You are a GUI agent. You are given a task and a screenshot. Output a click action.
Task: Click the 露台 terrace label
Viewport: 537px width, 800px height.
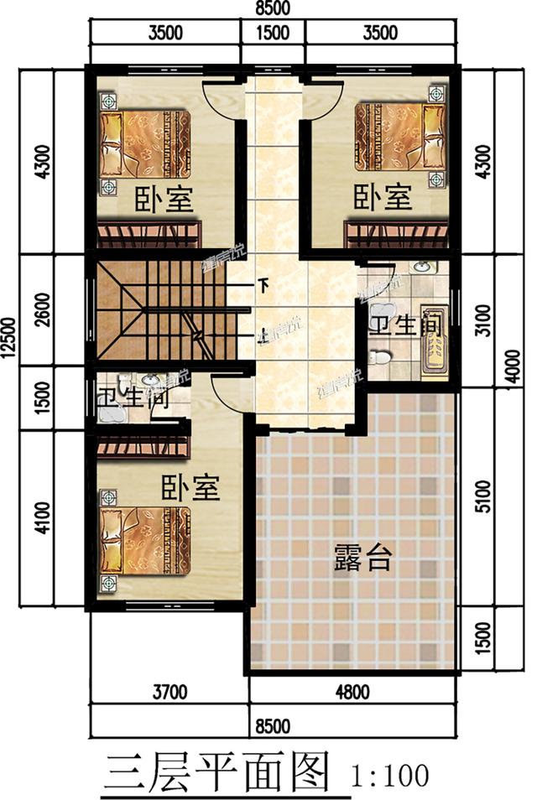click(x=362, y=556)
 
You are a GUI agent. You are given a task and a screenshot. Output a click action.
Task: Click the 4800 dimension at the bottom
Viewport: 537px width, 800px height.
click(x=352, y=693)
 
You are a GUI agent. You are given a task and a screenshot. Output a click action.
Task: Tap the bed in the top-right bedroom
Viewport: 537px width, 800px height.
click(x=399, y=135)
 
